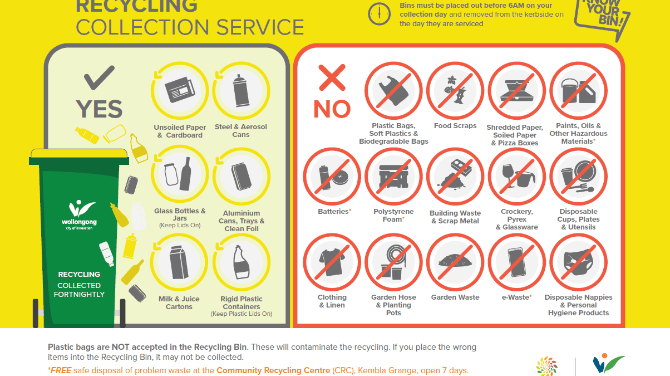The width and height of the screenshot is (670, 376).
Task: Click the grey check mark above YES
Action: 99,77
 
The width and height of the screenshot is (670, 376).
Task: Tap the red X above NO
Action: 332,77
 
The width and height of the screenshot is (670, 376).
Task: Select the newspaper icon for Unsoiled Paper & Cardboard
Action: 180,90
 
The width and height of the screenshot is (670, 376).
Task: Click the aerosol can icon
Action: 241,90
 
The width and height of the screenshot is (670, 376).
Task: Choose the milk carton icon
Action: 179,262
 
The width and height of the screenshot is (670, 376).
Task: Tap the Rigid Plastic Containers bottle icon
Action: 242,262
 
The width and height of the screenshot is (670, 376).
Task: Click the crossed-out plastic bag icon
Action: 393,91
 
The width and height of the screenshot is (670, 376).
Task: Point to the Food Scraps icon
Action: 455,91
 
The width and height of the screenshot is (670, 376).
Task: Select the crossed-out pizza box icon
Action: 516,91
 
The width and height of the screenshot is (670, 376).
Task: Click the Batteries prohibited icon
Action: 332,177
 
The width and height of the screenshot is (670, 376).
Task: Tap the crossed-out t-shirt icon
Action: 332,262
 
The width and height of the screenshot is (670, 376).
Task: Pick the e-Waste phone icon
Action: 516,262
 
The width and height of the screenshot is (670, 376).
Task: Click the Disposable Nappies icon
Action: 578,262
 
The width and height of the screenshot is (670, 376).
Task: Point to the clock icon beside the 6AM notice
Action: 380,14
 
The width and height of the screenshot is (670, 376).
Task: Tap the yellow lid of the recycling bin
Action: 79,153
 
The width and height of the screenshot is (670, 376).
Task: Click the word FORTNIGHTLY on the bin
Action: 79,294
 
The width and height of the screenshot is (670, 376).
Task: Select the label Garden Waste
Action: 455,297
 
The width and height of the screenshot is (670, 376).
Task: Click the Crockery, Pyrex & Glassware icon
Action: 516,177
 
